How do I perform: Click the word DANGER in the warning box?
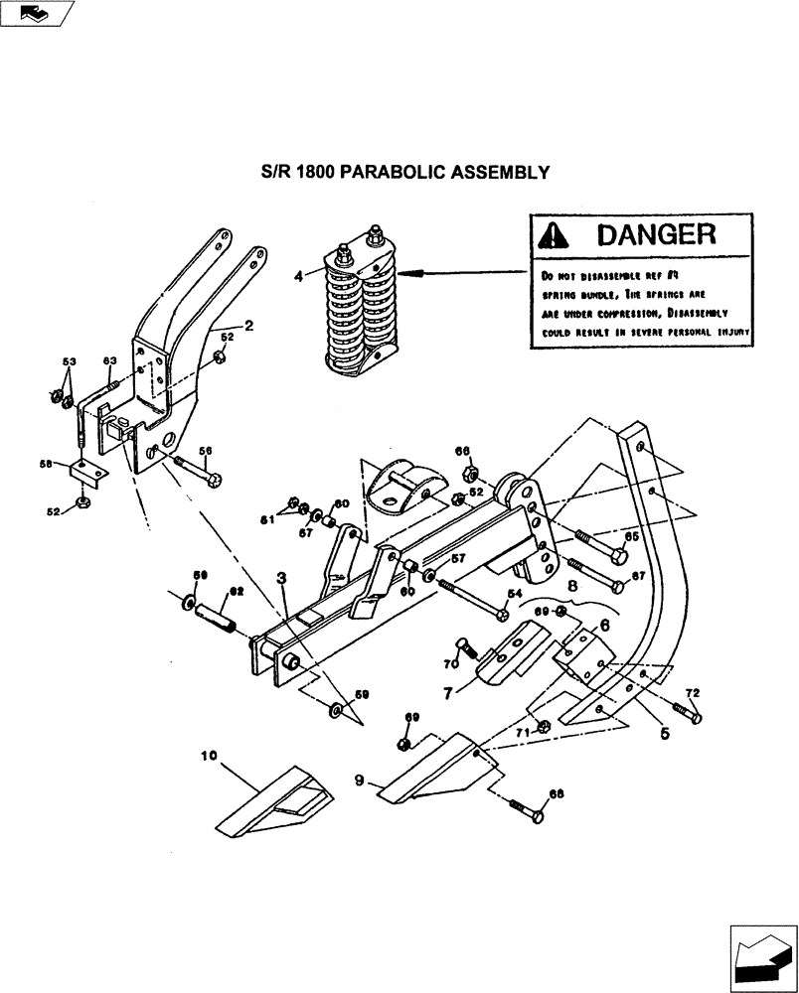click(x=656, y=235)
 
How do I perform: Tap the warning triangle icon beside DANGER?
click(x=554, y=236)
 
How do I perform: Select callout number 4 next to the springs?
click(x=299, y=278)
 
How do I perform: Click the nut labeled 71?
click(x=544, y=727)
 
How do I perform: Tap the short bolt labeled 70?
click(x=468, y=648)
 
